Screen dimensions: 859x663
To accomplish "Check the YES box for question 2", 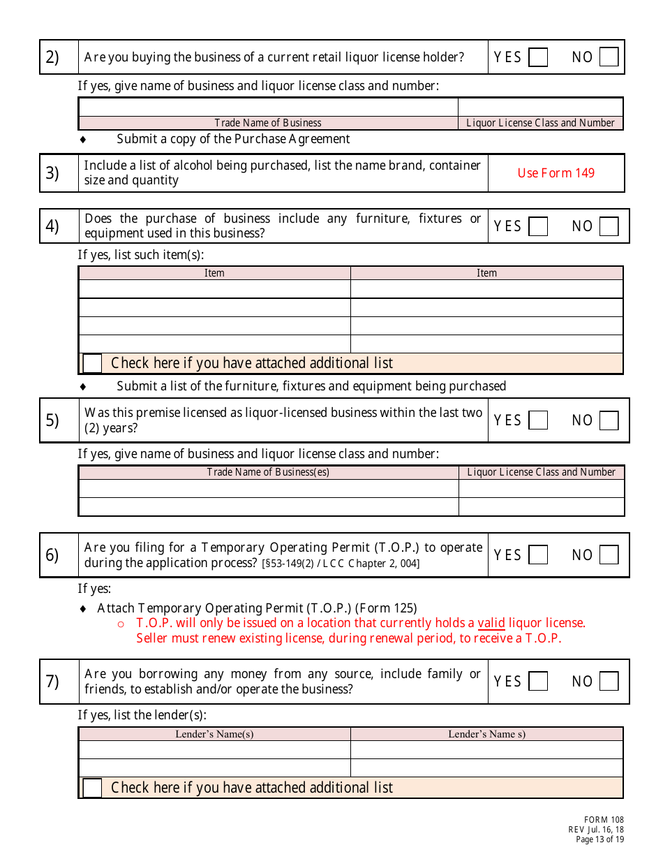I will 538,57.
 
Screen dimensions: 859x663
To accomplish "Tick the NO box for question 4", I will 609,226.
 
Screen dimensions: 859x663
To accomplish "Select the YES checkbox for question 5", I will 538,420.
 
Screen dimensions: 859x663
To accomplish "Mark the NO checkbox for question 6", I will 609,555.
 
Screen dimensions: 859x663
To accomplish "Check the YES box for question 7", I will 538,682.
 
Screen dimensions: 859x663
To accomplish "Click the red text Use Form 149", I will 556,173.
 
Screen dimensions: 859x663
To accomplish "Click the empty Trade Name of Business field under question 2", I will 268,107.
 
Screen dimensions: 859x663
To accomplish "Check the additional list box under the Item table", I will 92,363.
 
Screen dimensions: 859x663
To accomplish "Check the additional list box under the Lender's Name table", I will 92,788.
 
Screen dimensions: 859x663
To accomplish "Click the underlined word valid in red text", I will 491,623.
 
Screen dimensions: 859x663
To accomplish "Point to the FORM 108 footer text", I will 604,820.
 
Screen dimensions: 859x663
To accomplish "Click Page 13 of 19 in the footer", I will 599,839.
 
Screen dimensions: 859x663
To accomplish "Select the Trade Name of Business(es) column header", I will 268,472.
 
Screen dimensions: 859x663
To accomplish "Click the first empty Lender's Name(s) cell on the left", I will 214,750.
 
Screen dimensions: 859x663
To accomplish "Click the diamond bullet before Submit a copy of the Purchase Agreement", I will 83,139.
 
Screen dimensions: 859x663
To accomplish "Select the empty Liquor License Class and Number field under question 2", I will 540,107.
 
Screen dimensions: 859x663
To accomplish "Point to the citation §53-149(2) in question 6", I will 288,564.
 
